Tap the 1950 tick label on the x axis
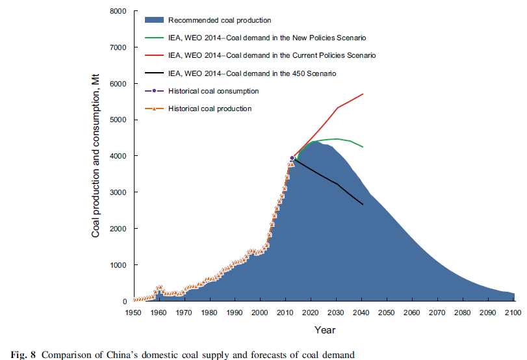click(x=133, y=313)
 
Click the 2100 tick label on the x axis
click(x=513, y=313)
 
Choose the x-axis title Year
click(x=324, y=330)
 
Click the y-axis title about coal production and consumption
click(x=96, y=155)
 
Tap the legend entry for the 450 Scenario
click(x=252, y=73)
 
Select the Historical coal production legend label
click(x=209, y=109)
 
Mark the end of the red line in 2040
click(x=363, y=94)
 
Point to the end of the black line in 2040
click(x=363, y=205)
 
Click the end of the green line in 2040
click(x=363, y=148)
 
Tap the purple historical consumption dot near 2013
click(x=292, y=158)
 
